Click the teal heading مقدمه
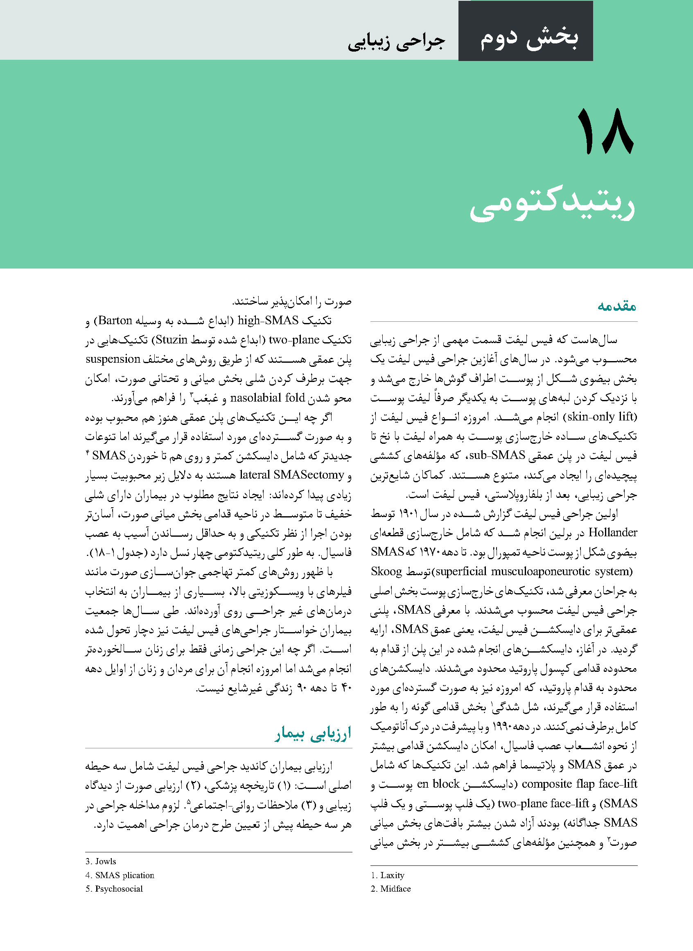coord(616,305)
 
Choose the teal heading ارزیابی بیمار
coord(313,734)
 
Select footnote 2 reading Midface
coord(391,889)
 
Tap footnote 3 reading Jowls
coord(101,861)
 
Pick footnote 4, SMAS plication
coord(120,875)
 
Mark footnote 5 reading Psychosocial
coord(114,889)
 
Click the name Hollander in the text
coord(613,532)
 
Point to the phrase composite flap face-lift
coord(580,784)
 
